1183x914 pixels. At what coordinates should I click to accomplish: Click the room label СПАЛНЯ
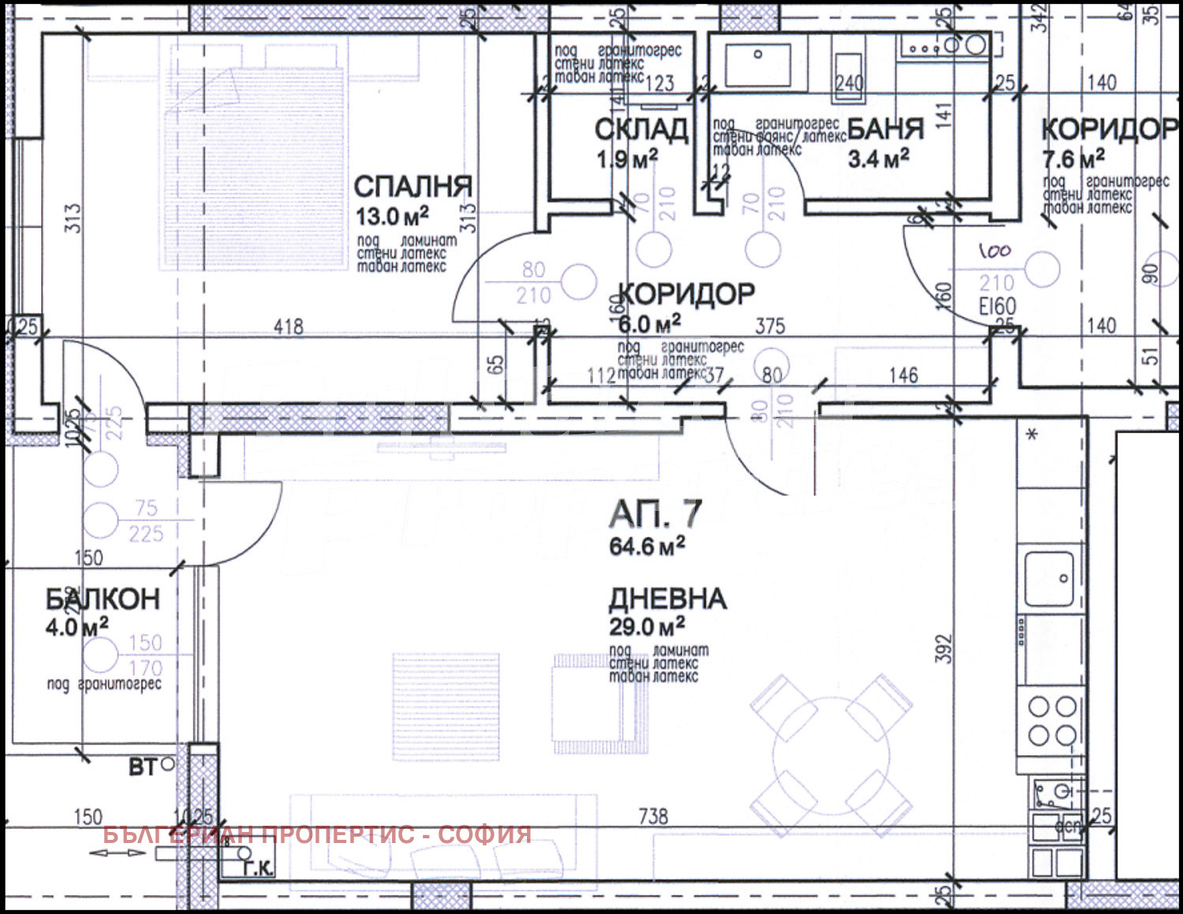(412, 187)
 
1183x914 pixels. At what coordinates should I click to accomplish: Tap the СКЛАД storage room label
(641, 129)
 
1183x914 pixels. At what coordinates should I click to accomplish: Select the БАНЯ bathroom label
(886, 129)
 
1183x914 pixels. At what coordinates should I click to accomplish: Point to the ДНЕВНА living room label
(667, 599)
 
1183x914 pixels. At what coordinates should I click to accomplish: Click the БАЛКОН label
(103, 599)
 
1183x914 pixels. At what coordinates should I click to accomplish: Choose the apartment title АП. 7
(655, 514)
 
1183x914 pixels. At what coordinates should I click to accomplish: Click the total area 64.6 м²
(647, 546)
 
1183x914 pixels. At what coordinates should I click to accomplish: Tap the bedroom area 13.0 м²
(392, 216)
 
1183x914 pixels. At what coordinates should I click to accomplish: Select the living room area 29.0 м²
(647, 627)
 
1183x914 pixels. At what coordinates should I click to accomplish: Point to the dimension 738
(653, 816)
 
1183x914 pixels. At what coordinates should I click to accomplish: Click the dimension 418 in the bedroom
(289, 326)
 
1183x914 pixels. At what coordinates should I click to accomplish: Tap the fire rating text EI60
(997, 307)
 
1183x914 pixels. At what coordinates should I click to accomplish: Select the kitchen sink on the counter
(1049, 578)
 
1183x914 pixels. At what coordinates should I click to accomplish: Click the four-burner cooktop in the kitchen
(1052, 721)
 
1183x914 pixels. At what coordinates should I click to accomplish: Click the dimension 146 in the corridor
(903, 375)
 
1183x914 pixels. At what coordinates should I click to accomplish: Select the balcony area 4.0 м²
(77, 628)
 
